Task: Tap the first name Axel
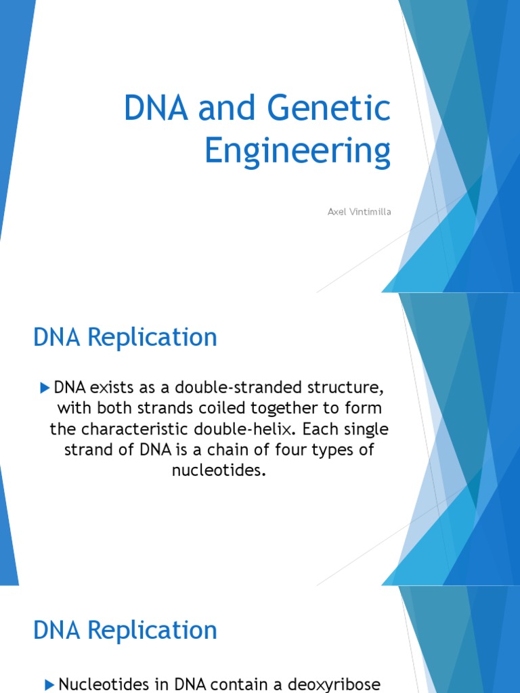tap(336, 213)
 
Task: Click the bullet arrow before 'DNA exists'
tap(45, 388)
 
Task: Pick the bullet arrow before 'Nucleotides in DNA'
tap(49, 684)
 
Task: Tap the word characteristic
tap(152, 430)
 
